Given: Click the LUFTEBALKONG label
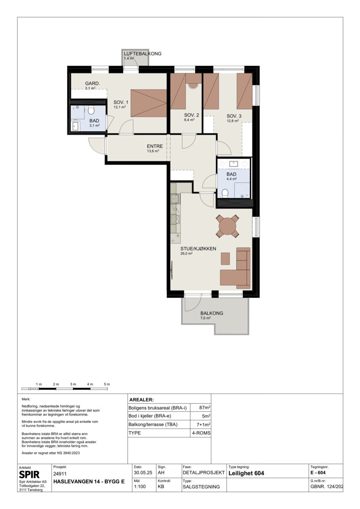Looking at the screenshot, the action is [x=143, y=54].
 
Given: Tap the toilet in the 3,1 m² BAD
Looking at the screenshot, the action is [x=91, y=110].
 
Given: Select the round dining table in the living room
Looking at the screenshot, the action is [x=228, y=226].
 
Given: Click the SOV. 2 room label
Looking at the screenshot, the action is [x=192, y=115].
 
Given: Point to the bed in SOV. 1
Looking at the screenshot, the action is [x=149, y=103].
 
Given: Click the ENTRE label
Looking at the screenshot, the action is [x=155, y=146].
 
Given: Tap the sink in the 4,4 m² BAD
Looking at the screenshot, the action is [x=233, y=163].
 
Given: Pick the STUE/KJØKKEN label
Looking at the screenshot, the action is [x=198, y=249].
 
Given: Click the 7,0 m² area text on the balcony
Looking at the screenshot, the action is [x=205, y=318].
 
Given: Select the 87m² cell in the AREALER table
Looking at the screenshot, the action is [x=205, y=408].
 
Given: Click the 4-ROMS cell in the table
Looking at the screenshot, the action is [x=201, y=433].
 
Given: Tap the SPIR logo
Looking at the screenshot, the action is [x=29, y=474].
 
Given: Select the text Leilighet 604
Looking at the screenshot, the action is [x=246, y=473].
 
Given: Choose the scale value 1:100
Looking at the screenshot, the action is [x=140, y=487].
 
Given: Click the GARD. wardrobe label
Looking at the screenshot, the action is [x=93, y=84].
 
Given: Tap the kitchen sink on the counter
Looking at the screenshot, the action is [x=175, y=199].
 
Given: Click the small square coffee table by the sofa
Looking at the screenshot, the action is [x=225, y=258].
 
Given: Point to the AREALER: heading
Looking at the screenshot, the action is [x=141, y=400].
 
